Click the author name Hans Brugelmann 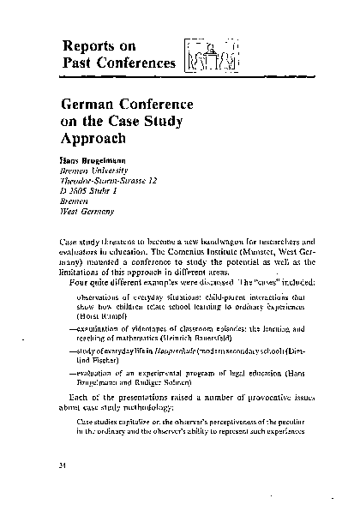click(96, 160)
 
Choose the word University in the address click(117, 171)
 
